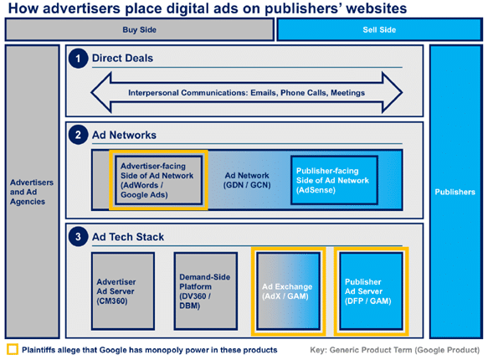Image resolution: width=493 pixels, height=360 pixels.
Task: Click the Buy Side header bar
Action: (x=139, y=29)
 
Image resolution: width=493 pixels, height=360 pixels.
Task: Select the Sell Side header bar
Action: (x=379, y=29)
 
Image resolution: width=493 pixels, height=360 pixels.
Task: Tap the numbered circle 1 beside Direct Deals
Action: (x=78, y=59)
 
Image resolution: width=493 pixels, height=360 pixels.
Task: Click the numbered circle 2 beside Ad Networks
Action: (x=78, y=135)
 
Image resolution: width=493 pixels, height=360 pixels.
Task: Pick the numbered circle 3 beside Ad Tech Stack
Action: (x=78, y=236)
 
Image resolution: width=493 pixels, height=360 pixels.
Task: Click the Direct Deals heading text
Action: (x=122, y=58)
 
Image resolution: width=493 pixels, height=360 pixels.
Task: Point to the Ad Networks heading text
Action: (x=124, y=135)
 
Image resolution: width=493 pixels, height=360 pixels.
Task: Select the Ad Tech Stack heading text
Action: (x=128, y=237)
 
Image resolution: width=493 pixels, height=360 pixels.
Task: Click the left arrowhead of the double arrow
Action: (x=101, y=92)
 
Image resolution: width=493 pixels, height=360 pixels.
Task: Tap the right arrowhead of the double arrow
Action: (x=392, y=92)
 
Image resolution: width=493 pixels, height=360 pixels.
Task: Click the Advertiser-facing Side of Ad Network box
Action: (x=158, y=180)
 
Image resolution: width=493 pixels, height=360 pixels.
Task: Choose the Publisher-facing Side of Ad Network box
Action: (x=334, y=180)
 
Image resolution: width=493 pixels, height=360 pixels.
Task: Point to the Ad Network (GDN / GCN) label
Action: (x=247, y=180)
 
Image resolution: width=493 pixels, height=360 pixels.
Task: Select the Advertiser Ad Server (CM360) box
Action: (x=123, y=291)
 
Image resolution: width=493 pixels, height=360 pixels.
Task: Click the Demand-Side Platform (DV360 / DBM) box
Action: (x=206, y=291)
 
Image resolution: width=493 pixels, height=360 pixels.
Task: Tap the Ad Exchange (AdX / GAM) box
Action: (x=288, y=291)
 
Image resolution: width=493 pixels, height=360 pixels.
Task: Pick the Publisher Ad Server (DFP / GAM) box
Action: (x=372, y=291)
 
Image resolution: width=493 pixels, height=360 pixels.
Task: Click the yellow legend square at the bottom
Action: (x=13, y=350)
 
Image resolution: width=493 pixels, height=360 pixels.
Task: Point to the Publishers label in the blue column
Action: (x=455, y=192)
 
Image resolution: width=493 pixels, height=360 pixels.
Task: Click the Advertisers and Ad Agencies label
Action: (x=32, y=192)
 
